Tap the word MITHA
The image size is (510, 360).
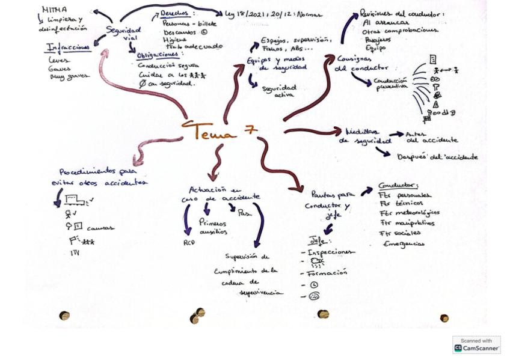[x=55, y=10]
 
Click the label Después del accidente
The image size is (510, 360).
[x=437, y=157]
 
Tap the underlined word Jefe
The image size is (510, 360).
[x=317, y=240]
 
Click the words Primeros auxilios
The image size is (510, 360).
[x=213, y=227]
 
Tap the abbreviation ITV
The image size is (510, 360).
[x=75, y=253]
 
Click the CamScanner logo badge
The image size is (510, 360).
[x=476, y=344]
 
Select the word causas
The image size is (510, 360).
[x=100, y=228]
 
